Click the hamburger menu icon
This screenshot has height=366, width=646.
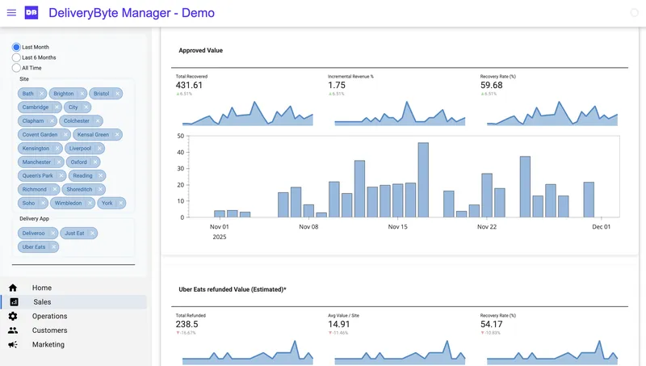(x=11, y=13)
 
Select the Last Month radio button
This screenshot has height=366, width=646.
(x=16, y=48)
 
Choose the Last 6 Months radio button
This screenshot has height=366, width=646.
(x=16, y=58)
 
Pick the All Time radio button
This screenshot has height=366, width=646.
(x=16, y=68)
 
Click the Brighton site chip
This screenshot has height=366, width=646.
(x=63, y=94)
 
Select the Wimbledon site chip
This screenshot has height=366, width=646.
(x=68, y=203)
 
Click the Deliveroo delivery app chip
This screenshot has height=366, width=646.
(x=34, y=233)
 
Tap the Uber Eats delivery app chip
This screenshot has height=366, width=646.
(x=34, y=246)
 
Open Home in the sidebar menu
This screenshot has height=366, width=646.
(x=42, y=288)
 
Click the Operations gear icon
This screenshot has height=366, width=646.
(x=13, y=317)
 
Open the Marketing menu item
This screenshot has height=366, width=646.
(x=48, y=345)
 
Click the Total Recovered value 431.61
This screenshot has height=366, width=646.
(x=189, y=86)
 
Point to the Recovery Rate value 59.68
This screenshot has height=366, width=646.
(x=491, y=86)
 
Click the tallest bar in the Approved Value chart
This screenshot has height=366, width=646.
(x=423, y=180)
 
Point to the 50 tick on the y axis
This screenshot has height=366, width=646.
(x=181, y=137)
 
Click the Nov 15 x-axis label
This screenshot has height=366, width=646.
(x=397, y=227)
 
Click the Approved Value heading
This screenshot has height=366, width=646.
(x=200, y=50)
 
